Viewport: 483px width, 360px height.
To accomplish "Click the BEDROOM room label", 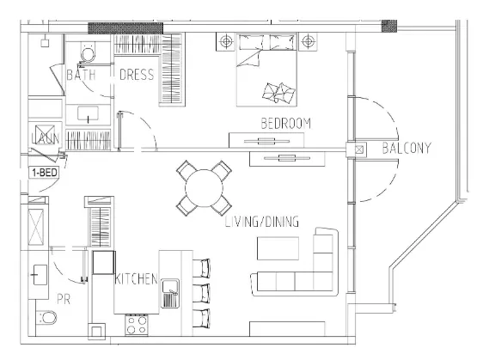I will (x=285, y=123).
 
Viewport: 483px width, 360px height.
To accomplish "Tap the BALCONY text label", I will (x=406, y=148).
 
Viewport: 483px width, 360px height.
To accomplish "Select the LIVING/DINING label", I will (x=261, y=222).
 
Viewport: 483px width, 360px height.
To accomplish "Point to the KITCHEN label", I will (x=136, y=278).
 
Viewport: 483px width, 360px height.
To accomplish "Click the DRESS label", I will (x=136, y=75).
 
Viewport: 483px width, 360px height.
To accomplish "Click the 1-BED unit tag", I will (x=44, y=172).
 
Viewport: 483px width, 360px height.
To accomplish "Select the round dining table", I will (x=205, y=188).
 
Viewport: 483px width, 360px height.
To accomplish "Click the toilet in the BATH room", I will (x=87, y=55).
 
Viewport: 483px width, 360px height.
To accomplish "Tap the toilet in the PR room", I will (x=48, y=320).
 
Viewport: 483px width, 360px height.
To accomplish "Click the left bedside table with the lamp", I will (x=225, y=40).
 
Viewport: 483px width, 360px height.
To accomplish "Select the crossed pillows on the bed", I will (x=277, y=90).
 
